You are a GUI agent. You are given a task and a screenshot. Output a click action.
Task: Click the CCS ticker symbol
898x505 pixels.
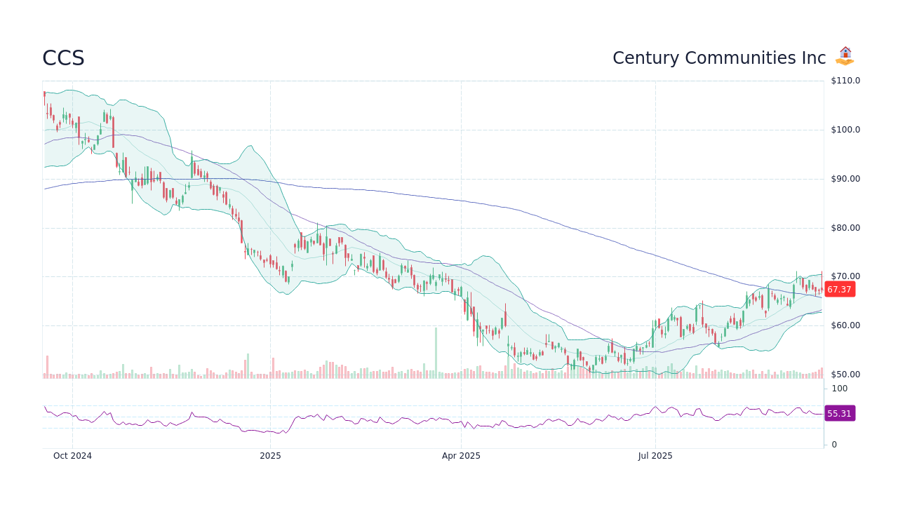point(63,58)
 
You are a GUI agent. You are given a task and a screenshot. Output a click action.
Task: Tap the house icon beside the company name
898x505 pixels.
point(845,56)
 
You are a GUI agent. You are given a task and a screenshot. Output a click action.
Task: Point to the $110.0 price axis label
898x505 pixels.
point(845,81)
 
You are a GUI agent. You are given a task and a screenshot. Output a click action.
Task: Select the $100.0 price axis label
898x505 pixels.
point(845,130)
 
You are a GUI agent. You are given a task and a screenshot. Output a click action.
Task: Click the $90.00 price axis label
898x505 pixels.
point(845,179)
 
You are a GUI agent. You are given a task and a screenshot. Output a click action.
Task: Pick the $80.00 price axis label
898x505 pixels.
point(845,228)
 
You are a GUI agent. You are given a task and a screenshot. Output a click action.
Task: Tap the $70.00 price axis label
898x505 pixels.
point(845,276)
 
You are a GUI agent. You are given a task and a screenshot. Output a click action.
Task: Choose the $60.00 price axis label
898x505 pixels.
point(845,325)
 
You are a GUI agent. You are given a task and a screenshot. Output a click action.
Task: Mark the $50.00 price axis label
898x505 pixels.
point(845,375)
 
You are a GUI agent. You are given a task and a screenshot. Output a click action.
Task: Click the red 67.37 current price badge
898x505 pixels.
point(839,290)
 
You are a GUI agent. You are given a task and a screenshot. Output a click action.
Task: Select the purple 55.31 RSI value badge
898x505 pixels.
point(839,414)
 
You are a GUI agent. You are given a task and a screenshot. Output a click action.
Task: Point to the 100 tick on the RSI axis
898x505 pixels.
point(840,389)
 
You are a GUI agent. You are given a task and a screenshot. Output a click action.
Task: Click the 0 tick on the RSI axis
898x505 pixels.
point(834,445)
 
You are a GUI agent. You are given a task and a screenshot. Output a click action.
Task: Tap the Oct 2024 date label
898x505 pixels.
point(72,456)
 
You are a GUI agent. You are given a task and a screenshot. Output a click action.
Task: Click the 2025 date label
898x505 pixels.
point(270,456)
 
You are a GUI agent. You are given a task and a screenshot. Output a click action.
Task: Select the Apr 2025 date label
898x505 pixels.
point(461,456)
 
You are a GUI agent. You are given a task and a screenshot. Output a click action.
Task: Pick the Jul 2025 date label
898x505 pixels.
point(655,456)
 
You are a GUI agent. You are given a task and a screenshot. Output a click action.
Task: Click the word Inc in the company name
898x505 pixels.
point(814,58)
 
